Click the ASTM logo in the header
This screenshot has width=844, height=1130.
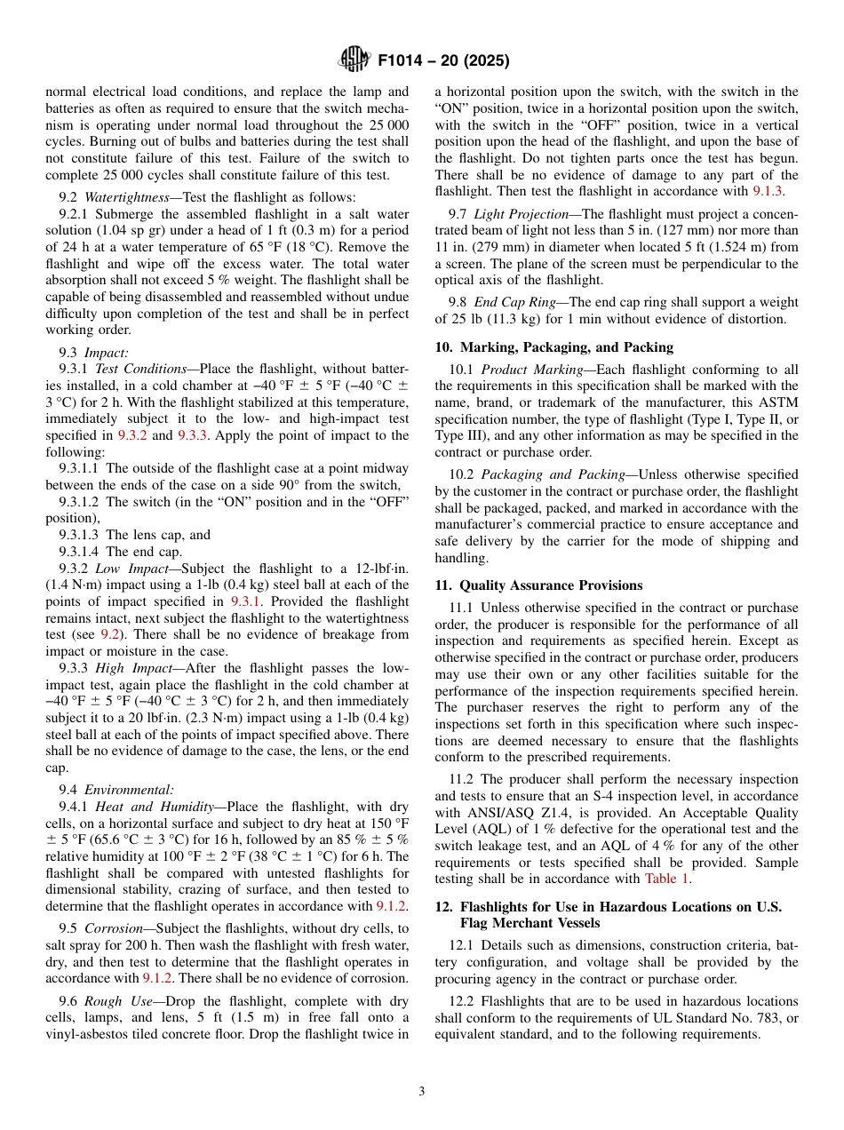pyautogui.click(x=354, y=60)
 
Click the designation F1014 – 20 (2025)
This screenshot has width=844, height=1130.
pyautogui.click(x=442, y=61)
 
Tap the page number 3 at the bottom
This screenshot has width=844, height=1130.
pyautogui.click(x=422, y=1092)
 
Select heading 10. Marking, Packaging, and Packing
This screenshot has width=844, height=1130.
pyautogui.click(x=553, y=346)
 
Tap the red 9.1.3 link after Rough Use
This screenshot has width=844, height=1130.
pyautogui.click(x=768, y=191)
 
